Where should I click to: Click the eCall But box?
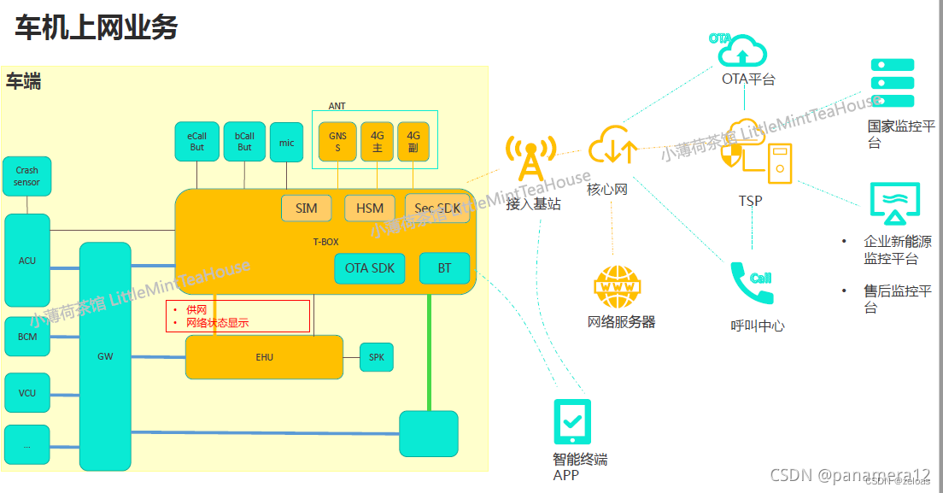pos(196,142)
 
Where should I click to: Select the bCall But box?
pos(244,142)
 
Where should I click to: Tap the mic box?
pos(286,143)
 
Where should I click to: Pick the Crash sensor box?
pos(26,177)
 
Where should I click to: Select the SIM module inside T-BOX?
pos(306,208)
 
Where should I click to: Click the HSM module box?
pos(370,208)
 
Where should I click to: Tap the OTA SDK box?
pos(369,268)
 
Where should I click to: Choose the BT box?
pos(444,268)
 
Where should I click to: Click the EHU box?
pos(264,357)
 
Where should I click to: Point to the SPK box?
pos(377,357)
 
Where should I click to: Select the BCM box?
pos(27,337)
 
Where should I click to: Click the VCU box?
pos(27,393)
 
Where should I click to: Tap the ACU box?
pos(27,261)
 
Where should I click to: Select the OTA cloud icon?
pos(741,51)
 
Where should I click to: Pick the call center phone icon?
pos(753,284)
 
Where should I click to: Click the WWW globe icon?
pos(618,287)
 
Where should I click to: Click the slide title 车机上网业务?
pos(97,28)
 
